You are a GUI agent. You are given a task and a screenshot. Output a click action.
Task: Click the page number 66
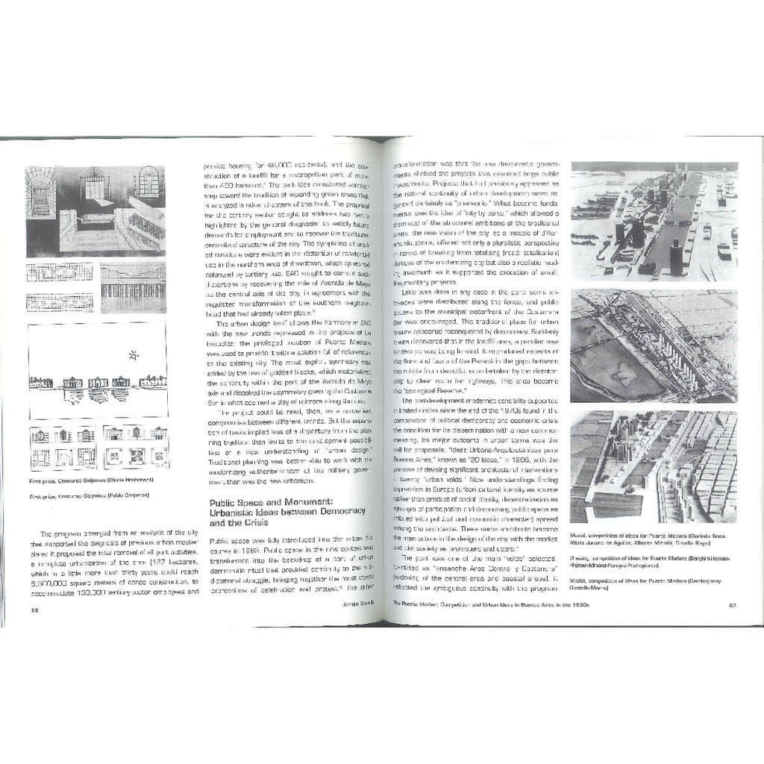[34, 610]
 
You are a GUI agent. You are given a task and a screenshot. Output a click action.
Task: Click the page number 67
[732, 605]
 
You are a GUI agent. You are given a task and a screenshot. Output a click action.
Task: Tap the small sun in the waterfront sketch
[134, 355]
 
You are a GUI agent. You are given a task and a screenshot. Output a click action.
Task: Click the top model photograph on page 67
[654, 221]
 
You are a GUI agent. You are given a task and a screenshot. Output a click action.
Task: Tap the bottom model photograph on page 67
[654, 466]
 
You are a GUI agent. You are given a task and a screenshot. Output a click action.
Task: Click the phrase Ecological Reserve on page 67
[435, 391]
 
